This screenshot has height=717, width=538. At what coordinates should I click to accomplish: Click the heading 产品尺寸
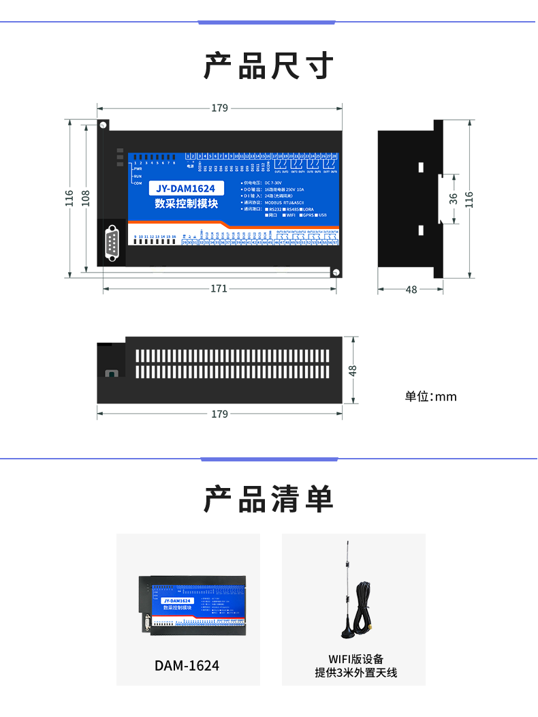click(x=269, y=66)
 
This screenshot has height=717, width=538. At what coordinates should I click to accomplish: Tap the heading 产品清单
click(x=269, y=500)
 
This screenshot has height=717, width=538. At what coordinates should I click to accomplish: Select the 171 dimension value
click(x=219, y=289)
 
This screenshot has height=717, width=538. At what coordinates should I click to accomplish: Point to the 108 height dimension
click(x=86, y=198)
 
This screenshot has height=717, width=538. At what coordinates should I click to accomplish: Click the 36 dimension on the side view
click(x=454, y=198)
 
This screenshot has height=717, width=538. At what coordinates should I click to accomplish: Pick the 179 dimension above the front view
click(x=219, y=108)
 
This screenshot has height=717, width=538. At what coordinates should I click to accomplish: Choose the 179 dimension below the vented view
click(x=219, y=414)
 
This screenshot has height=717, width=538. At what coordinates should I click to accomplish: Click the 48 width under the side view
click(x=411, y=289)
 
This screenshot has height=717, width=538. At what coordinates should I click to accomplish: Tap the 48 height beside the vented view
click(x=352, y=369)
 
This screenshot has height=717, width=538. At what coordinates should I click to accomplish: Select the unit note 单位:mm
click(x=430, y=397)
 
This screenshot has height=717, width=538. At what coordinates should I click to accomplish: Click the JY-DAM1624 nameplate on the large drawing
click(x=185, y=189)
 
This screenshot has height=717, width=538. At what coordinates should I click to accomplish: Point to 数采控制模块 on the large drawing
click(x=186, y=203)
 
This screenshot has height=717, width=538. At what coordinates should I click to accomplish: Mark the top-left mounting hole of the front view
click(x=103, y=125)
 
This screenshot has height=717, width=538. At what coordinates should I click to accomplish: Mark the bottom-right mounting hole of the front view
click(x=335, y=272)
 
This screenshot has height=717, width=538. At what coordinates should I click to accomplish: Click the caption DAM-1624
click(x=187, y=665)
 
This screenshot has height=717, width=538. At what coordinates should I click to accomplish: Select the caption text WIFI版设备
click(x=355, y=659)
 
